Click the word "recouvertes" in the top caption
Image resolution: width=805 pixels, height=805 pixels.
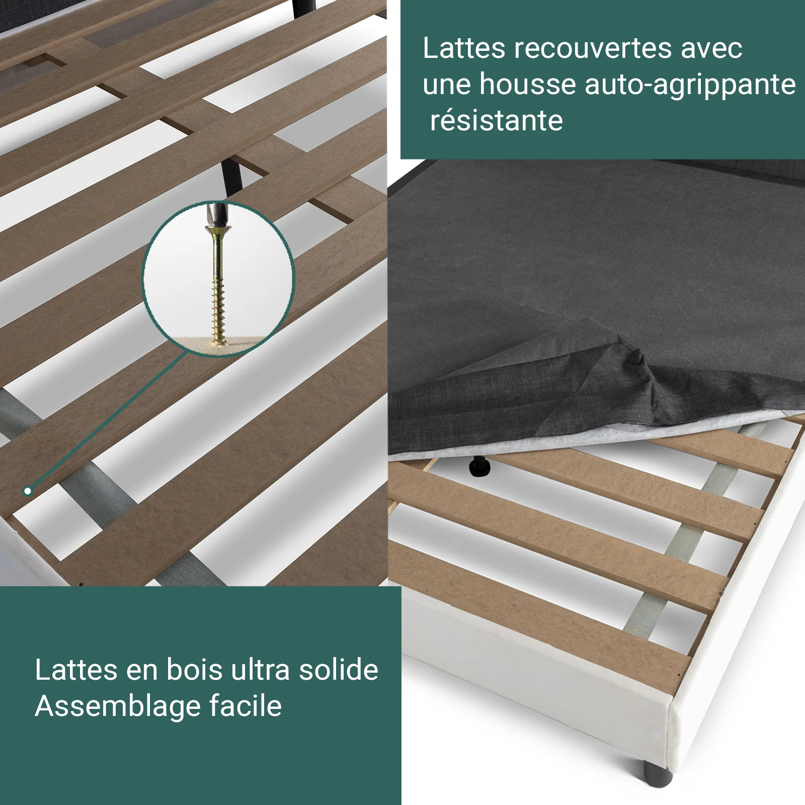593,49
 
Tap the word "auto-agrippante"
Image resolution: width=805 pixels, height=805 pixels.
690,85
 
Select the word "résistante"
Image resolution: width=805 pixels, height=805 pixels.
496,121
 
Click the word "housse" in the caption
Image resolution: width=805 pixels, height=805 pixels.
527,84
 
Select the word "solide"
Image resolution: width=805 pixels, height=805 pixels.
338,670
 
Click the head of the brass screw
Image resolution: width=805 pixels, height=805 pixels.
218,232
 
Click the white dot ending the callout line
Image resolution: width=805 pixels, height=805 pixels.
28,491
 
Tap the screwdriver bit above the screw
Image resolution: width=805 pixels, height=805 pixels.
217,214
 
